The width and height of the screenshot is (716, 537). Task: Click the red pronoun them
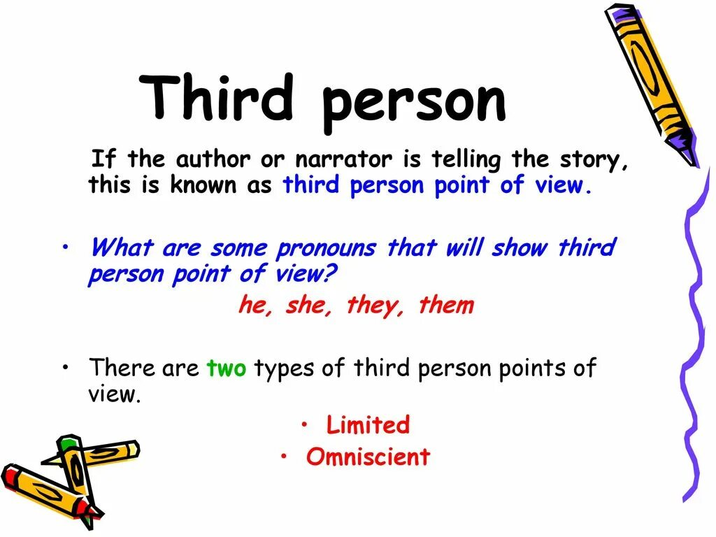(x=446, y=306)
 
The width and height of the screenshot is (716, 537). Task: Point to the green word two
(x=227, y=368)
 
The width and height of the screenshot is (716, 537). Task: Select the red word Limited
(x=368, y=425)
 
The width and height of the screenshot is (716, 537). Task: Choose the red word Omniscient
(x=368, y=457)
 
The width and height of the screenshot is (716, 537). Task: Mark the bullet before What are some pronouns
(x=65, y=248)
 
